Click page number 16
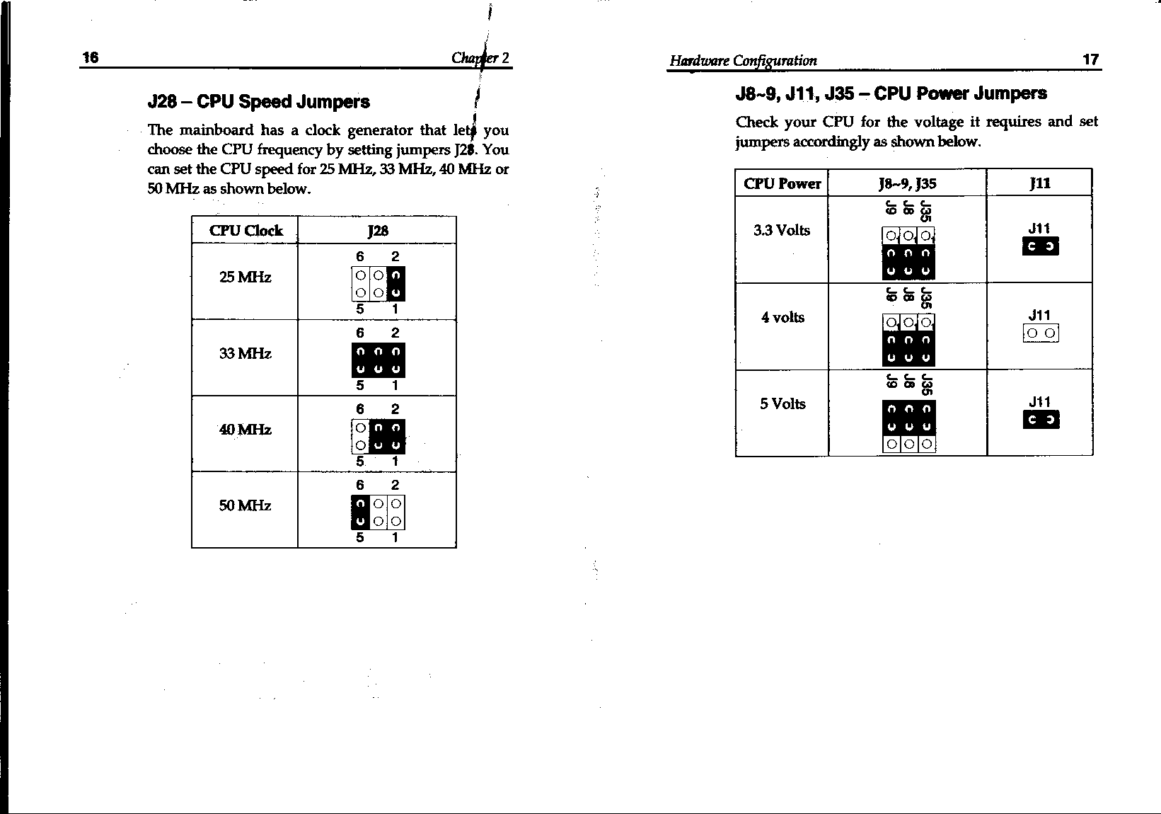(91, 57)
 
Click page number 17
(1090, 59)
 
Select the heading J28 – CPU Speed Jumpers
(258, 102)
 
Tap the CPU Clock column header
(246, 231)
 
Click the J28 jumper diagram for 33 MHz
(378, 360)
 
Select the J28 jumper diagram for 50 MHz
(378, 512)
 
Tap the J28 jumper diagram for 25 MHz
(378, 284)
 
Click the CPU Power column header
(782, 184)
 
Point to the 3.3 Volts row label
(782, 231)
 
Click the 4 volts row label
(782, 318)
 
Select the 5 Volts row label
(782, 404)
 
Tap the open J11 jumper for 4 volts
(1041, 333)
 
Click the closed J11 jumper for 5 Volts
(1041, 420)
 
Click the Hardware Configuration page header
(743, 61)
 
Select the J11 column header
(1039, 184)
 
